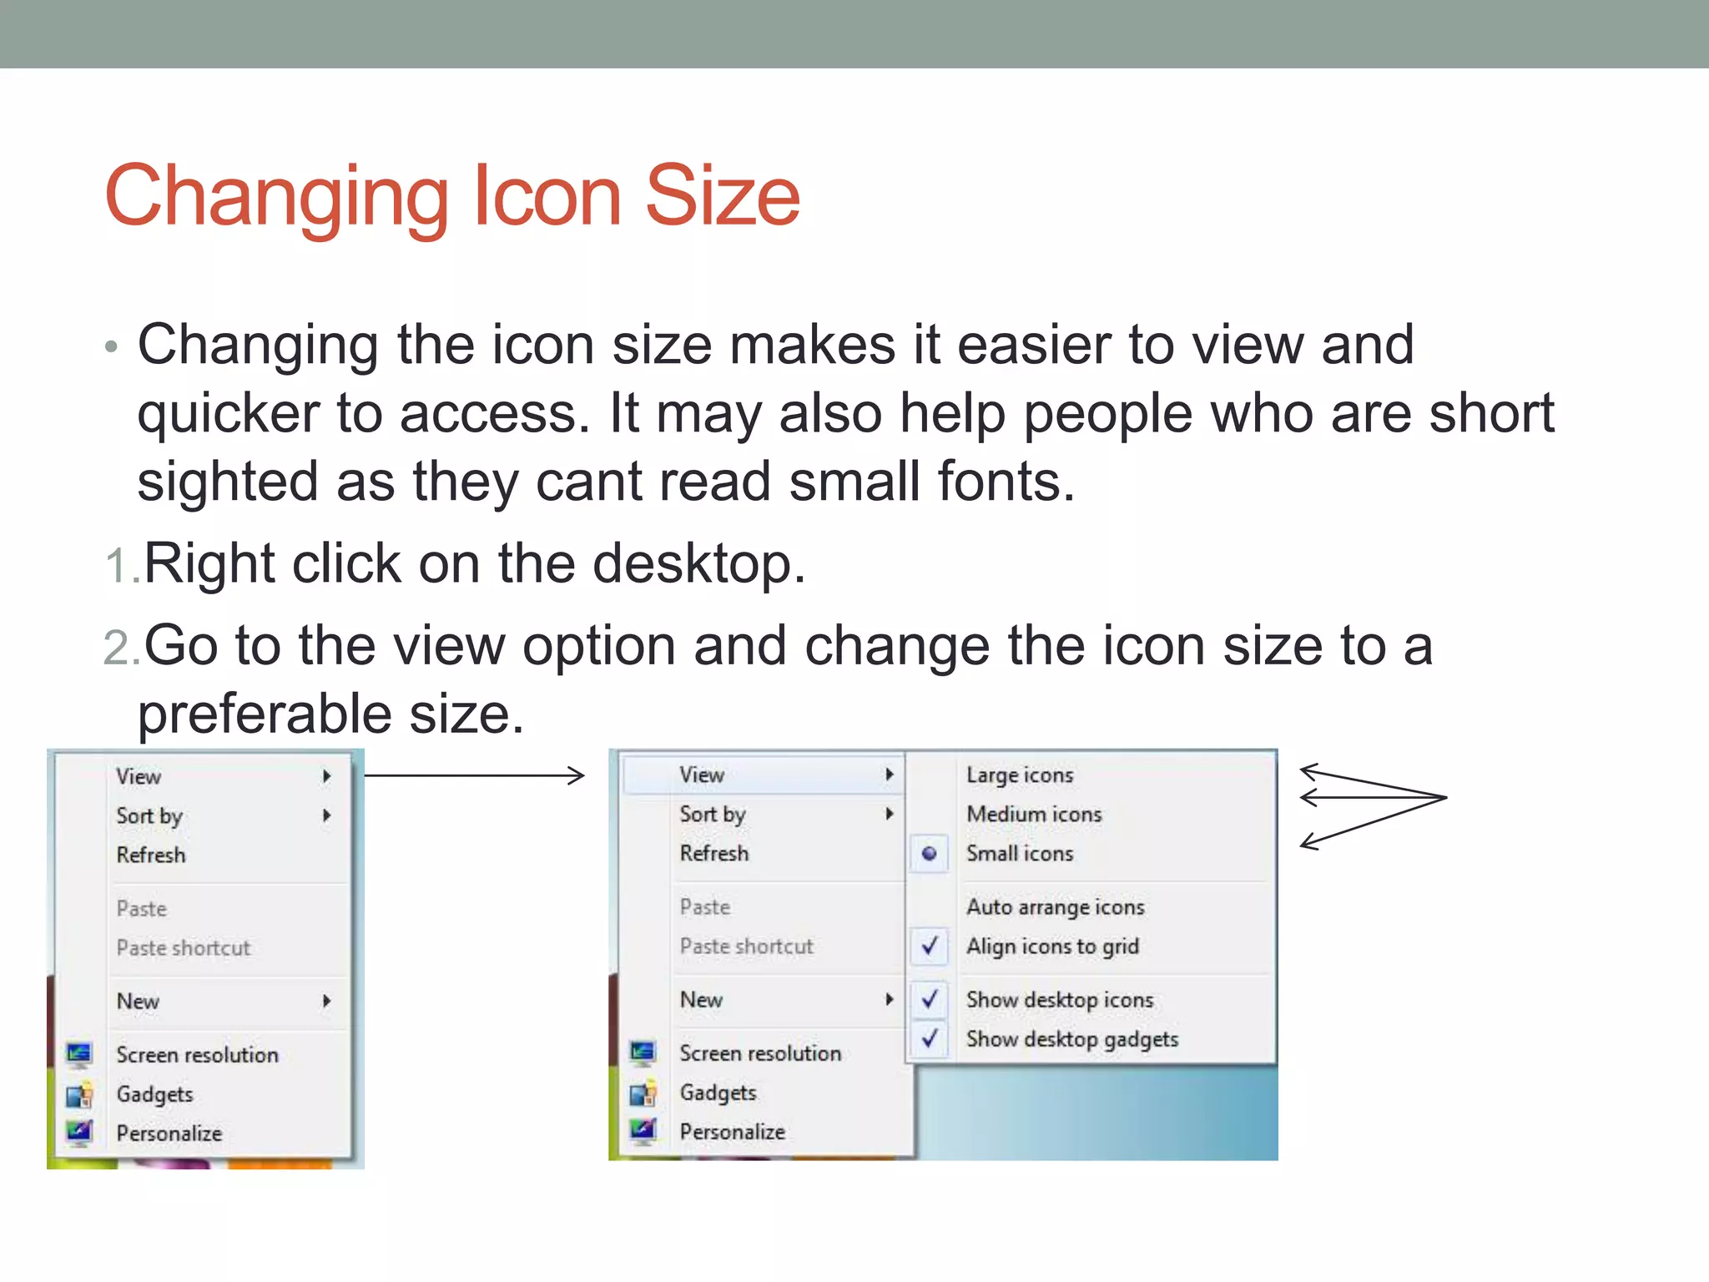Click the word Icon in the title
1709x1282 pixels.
coord(547,196)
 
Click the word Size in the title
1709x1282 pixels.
coord(723,196)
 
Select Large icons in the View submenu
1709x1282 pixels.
coord(1020,775)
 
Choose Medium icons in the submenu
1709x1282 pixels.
coord(1034,815)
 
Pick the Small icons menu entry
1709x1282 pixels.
coord(1020,854)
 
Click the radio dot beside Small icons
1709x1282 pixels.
coord(929,854)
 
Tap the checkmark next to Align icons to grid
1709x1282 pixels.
coord(930,946)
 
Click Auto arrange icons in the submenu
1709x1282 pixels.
coord(1056,907)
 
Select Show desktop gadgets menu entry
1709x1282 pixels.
coord(1072,1039)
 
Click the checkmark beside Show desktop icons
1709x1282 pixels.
coord(930,999)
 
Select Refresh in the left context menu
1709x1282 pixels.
coord(151,856)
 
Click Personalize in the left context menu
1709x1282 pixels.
coord(169,1133)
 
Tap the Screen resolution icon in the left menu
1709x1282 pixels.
coord(79,1055)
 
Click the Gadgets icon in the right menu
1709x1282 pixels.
coord(643,1093)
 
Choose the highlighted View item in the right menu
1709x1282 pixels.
coord(702,775)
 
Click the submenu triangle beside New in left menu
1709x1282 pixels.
coord(327,1002)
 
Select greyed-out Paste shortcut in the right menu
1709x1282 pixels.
coord(746,946)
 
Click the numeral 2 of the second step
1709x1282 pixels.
coord(116,649)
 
